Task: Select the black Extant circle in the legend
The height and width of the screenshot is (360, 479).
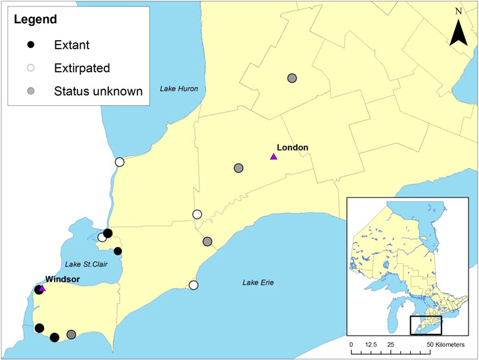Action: [39, 45]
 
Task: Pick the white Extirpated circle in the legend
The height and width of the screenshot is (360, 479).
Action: [39, 68]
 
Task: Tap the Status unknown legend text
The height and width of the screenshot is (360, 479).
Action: [98, 91]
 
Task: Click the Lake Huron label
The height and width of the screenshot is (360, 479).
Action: [179, 89]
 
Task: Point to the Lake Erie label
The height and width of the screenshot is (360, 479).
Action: [258, 283]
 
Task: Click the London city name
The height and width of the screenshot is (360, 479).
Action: [292, 147]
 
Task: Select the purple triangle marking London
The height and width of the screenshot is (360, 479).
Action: [273, 156]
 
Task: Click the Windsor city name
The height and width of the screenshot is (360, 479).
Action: [62, 279]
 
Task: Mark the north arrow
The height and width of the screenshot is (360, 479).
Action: [459, 29]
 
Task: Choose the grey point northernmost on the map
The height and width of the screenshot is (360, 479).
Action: [292, 78]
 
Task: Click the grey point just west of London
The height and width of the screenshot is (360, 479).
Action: [239, 168]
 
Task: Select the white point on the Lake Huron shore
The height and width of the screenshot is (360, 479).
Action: [119, 162]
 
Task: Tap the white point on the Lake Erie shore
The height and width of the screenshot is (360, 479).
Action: [193, 285]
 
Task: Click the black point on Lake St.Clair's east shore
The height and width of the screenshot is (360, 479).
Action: [118, 251]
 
